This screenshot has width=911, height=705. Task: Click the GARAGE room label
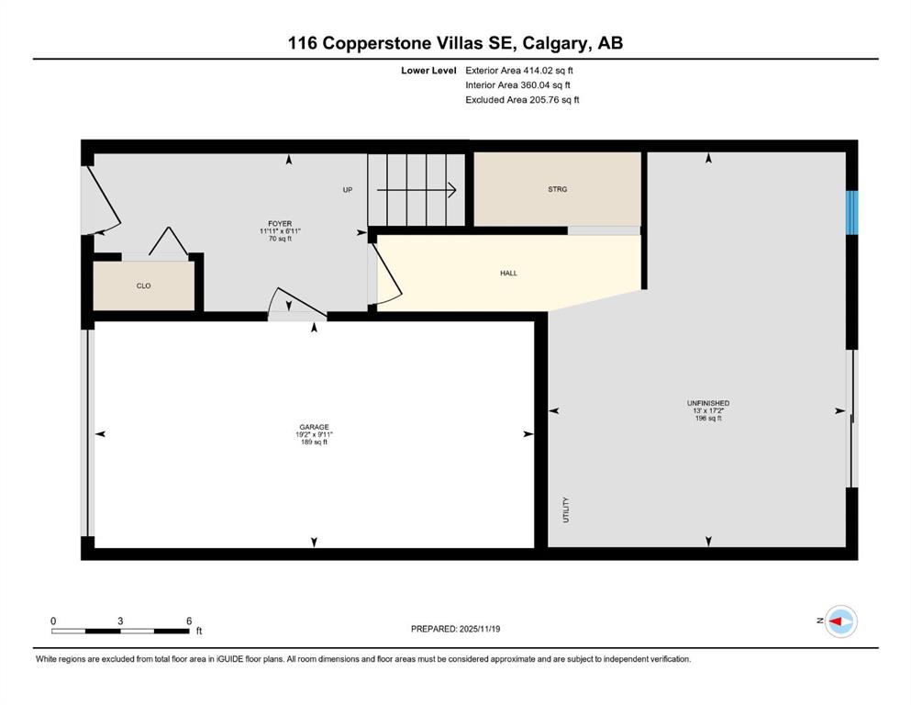(x=314, y=427)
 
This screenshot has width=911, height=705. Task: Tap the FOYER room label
(x=280, y=224)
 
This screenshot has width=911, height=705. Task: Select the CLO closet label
(x=143, y=286)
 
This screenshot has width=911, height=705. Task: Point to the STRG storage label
(x=557, y=189)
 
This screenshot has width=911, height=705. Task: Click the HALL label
(x=508, y=274)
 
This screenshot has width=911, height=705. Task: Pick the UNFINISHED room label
(x=708, y=403)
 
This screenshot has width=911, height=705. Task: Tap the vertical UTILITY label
(x=566, y=509)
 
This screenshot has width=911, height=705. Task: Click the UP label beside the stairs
(x=348, y=190)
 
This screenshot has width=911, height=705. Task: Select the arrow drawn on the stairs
(x=416, y=190)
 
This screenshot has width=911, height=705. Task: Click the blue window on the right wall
(x=851, y=213)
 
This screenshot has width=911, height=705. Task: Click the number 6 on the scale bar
(x=189, y=621)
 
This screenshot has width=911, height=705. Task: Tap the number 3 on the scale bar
(x=120, y=621)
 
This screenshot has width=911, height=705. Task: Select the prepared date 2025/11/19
(x=479, y=629)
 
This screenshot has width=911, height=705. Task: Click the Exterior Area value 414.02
(x=537, y=71)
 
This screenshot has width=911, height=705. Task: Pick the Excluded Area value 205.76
(x=542, y=99)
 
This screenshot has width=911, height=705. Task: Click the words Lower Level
(x=428, y=71)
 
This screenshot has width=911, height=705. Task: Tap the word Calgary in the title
(x=558, y=43)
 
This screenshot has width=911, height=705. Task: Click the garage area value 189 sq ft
(x=314, y=442)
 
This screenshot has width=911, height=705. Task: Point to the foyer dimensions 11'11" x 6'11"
(x=280, y=231)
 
